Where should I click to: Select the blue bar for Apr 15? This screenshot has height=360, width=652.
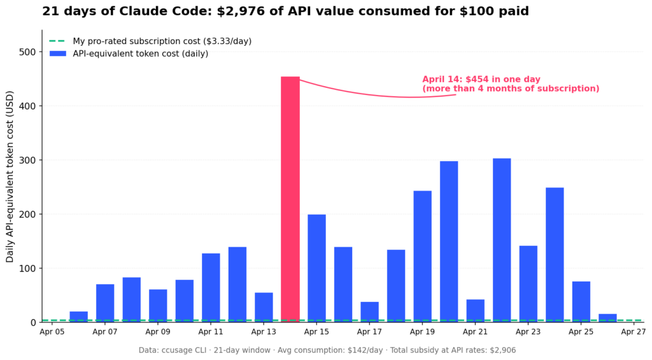click(x=316, y=268)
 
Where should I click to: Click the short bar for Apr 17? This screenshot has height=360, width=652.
click(x=369, y=312)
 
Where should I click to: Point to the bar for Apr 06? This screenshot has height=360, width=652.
click(x=79, y=316)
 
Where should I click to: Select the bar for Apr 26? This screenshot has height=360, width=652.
click(x=607, y=317)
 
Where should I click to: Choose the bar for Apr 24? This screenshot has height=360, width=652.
click(x=555, y=254)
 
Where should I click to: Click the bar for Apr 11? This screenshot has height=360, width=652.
click(x=211, y=287)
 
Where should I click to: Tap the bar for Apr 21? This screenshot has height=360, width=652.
click(x=475, y=310)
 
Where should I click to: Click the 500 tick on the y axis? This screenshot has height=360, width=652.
click(x=27, y=52)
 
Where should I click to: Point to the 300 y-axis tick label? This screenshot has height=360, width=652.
click(x=27, y=160)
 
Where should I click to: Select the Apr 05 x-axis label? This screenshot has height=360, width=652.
click(x=52, y=332)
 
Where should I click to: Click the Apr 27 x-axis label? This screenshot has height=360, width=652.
click(x=634, y=332)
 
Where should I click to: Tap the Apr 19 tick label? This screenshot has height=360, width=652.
click(x=422, y=332)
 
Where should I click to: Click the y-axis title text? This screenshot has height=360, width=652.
click(x=10, y=185)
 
